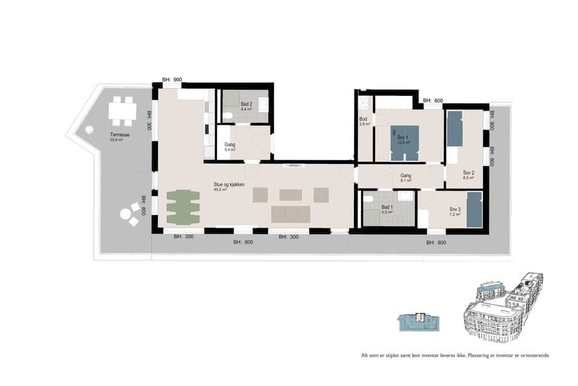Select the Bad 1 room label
tap(387, 207)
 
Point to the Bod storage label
tap(363, 120)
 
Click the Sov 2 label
tap(469, 172)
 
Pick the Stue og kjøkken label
tap(229, 184)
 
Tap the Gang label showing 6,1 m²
tap(406, 176)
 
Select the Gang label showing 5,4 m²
tap(230, 146)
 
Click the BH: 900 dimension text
tap(172, 80)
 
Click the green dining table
tap(183, 207)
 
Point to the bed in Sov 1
tap(403, 143)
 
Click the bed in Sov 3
tap(474, 210)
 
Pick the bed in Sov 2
tap(455, 128)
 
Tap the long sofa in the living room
tap(291, 214)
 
